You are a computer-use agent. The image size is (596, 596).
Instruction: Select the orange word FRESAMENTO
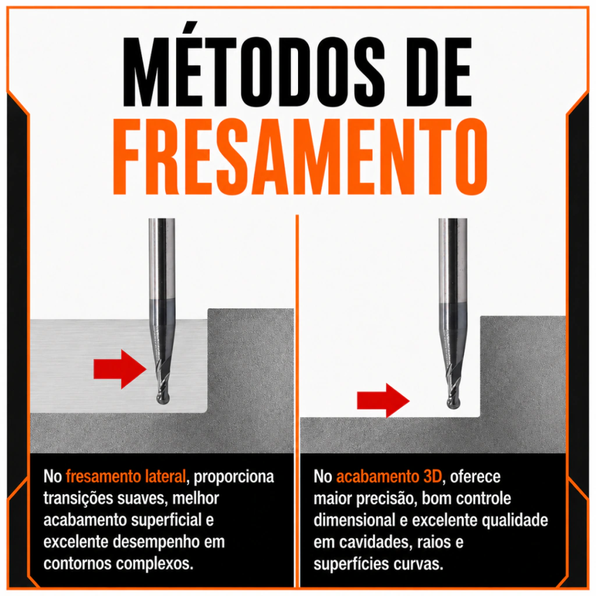click(300, 157)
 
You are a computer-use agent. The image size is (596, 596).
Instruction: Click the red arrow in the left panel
click(120, 368)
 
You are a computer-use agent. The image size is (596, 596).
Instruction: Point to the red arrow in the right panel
click(383, 400)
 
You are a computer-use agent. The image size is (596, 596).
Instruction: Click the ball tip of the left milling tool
click(163, 398)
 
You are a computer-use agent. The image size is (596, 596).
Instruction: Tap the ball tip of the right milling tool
click(453, 403)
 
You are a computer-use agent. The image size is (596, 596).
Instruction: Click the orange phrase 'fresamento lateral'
click(126, 477)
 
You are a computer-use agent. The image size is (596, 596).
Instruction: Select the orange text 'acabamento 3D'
click(389, 477)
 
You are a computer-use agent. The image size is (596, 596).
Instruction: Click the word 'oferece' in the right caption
click(475, 477)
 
